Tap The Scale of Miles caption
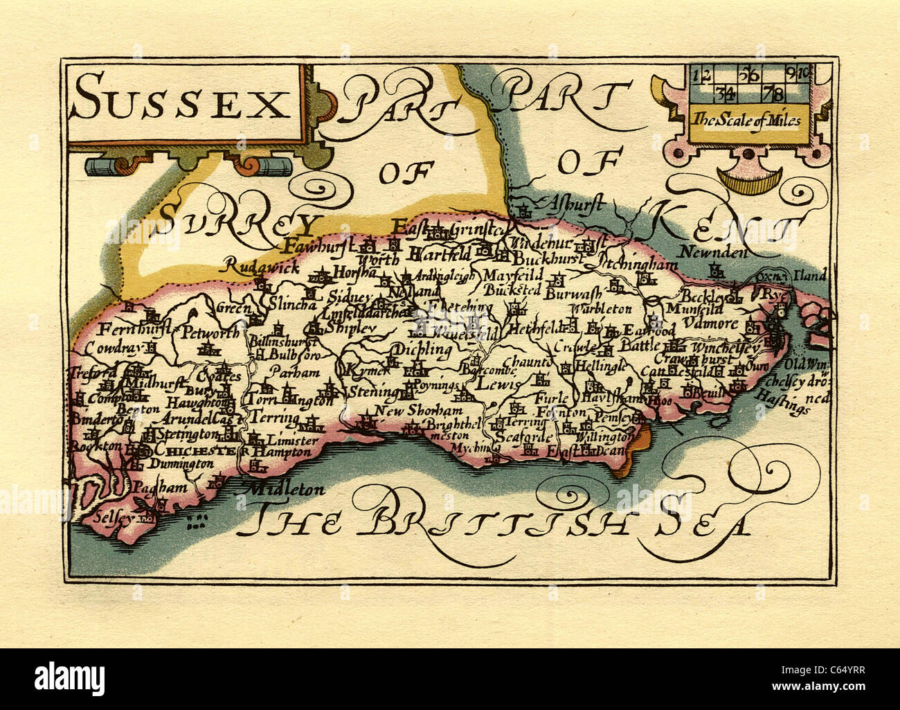pyautogui.click(x=744, y=121)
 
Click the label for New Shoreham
pyautogui.click(x=408, y=411)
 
